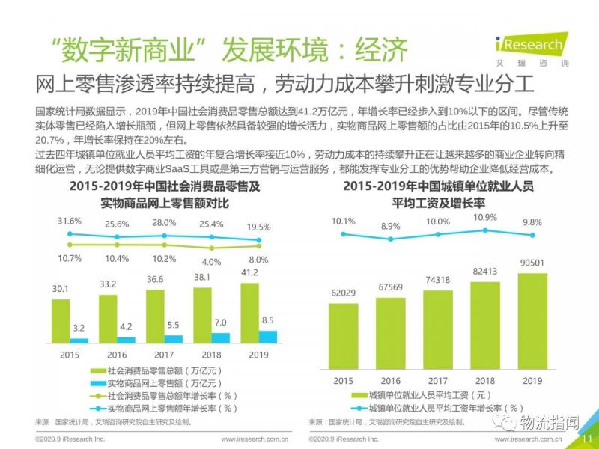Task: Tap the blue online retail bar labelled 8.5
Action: [267, 337]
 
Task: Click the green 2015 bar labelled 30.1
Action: [60, 321]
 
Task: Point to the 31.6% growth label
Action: [69, 221]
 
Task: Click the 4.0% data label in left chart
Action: [211, 262]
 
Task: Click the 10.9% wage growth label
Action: [485, 217]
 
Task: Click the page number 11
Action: [587, 439]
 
